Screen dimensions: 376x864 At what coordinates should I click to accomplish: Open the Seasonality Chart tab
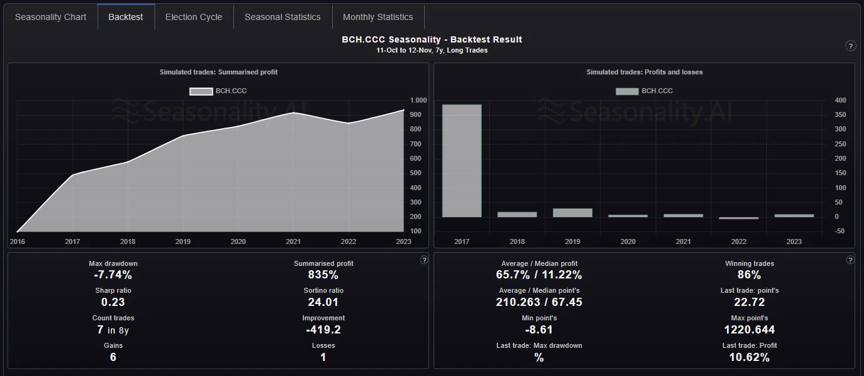(51, 17)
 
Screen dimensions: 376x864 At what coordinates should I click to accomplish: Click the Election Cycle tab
(193, 17)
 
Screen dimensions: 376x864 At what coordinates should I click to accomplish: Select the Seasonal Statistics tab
(282, 17)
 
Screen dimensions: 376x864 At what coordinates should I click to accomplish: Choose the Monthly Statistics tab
(378, 17)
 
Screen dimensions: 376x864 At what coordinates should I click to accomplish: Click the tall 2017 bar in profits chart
(462, 161)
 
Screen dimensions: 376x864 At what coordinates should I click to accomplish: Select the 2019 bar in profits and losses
(572, 213)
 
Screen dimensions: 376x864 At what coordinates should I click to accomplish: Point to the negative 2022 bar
(738, 218)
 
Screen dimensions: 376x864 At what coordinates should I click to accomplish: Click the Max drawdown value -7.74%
(113, 275)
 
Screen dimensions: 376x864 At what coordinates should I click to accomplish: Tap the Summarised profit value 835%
(323, 275)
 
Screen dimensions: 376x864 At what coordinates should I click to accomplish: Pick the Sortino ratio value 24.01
(323, 302)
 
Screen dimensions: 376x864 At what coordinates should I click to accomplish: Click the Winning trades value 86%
(749, 275)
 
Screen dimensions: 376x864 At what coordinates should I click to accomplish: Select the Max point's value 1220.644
(749, 330)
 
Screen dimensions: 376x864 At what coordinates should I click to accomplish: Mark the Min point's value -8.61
(539, 330)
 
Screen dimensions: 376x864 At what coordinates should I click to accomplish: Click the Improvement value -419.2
(323, 330)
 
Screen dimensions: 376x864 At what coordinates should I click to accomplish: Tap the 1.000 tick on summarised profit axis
(418, 100)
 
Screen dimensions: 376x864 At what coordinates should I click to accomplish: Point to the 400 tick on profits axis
(840, 100)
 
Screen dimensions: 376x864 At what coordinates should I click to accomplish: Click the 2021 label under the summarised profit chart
(293, 241)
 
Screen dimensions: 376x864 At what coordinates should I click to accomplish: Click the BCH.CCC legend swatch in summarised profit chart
(201, 91)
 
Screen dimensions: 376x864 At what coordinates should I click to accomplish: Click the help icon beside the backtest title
(850, 46)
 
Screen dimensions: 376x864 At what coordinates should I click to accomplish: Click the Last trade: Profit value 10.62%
(749, 357)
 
